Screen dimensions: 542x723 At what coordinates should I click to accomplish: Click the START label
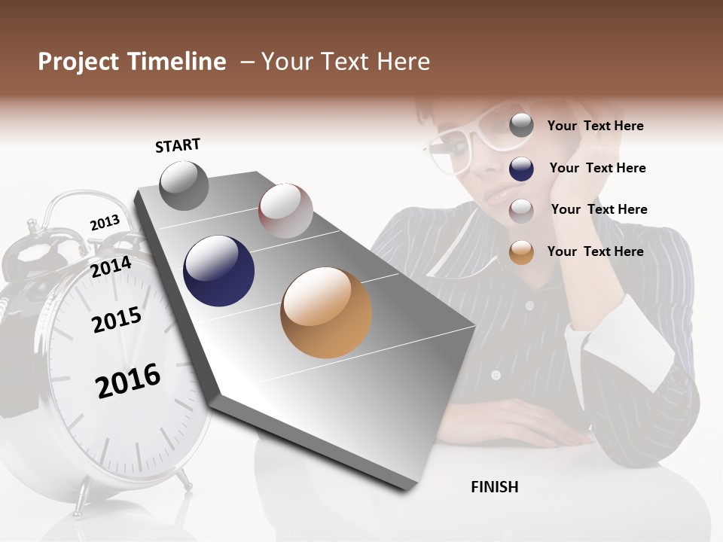(178, 145)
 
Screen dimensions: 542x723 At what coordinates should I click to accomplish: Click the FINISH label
(495, 487)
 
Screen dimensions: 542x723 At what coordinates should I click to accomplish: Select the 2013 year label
(105, 223)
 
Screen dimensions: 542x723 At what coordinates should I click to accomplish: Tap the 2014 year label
(111, 267)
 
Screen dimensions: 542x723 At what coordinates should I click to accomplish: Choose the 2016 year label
(128, 381)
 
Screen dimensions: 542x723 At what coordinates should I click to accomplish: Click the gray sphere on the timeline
(185, 185)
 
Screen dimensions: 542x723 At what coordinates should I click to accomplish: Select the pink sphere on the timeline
(285, 211)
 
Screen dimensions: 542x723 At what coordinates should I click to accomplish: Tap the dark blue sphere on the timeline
(218, 271)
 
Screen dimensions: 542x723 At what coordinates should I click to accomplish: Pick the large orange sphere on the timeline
(326, 312)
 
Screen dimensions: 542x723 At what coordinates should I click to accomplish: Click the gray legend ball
(521, 125)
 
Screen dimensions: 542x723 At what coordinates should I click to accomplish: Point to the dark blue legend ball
(521, 169)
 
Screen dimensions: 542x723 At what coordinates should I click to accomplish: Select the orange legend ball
(521, 251)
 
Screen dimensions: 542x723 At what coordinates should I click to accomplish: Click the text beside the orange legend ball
(595, 251)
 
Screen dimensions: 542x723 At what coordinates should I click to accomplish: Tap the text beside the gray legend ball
(595, 126)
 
